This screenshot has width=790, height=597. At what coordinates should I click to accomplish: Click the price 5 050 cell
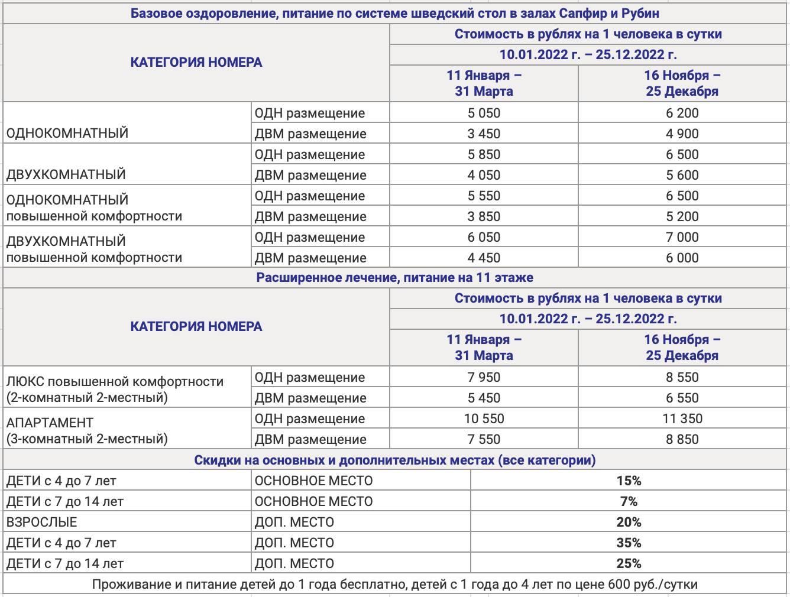(484, 113)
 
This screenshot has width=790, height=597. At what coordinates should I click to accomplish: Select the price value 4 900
(682, 134)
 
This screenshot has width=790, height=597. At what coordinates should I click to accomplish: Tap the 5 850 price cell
(484, 154)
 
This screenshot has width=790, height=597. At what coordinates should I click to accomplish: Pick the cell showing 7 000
(682, 237)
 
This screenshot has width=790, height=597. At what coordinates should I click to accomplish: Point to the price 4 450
(484, 258)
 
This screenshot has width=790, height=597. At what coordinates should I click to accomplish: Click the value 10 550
(484, 418)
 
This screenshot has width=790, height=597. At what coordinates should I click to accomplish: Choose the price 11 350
(682, 418)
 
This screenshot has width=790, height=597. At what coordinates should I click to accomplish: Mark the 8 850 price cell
(682, 439)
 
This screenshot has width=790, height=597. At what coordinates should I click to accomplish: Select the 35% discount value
(629, 543)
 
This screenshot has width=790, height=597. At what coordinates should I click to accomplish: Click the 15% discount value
(629, 481)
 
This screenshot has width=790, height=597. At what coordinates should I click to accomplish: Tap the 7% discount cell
(629, 501)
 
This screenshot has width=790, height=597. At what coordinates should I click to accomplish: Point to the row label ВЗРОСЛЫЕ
(42, 522)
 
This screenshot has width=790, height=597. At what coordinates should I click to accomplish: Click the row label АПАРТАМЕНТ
(50, 423)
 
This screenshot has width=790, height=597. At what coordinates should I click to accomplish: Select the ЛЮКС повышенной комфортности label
(115, 382)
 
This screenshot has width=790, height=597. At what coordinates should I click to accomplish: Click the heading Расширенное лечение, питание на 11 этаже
(394, 277)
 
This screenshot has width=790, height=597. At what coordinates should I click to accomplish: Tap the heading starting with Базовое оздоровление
(394, 13)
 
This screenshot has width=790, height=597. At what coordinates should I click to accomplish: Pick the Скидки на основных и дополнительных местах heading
(394, 460)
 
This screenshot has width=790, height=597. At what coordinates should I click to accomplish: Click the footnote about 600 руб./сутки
(394, 585)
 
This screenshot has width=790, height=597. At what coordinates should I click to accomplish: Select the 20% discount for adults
(629, 522)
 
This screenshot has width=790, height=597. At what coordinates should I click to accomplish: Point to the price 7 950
(484, 377)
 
